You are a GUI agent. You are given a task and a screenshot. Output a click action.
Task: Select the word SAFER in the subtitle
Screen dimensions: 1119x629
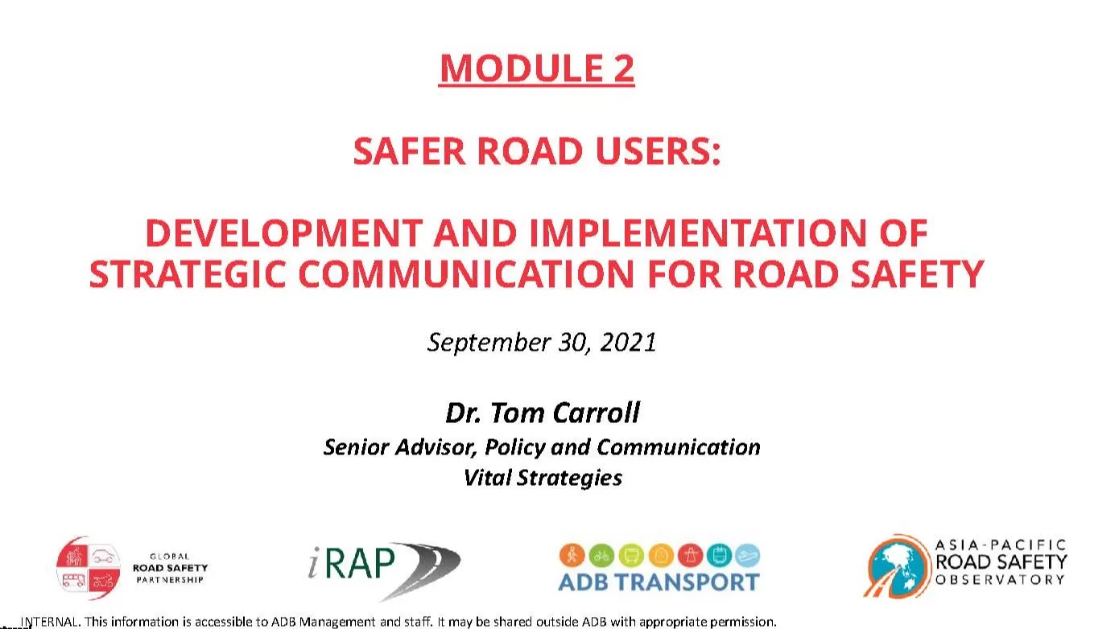(409, 151)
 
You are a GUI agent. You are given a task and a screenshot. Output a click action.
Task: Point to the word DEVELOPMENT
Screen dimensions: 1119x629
(284, 233)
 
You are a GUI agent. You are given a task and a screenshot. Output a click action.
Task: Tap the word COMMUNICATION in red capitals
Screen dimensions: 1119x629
(466, 274)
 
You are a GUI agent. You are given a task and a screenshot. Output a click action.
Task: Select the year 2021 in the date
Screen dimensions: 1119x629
(628, 343)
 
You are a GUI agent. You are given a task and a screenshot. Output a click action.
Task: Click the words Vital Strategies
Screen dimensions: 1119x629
(543, 478)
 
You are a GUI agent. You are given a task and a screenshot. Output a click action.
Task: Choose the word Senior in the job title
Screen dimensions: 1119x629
(357, 447)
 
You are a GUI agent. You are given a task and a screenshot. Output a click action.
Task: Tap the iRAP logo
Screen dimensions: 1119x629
(384, 570)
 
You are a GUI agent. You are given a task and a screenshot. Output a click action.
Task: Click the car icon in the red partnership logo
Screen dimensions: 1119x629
(105, 555)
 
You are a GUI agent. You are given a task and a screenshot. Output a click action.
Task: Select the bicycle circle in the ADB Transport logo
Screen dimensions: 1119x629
(601, 556)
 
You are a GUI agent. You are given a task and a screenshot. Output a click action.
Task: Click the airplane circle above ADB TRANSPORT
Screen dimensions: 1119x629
(748, 556)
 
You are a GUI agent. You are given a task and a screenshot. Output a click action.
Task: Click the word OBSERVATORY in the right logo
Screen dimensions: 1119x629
(1000, 580)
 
